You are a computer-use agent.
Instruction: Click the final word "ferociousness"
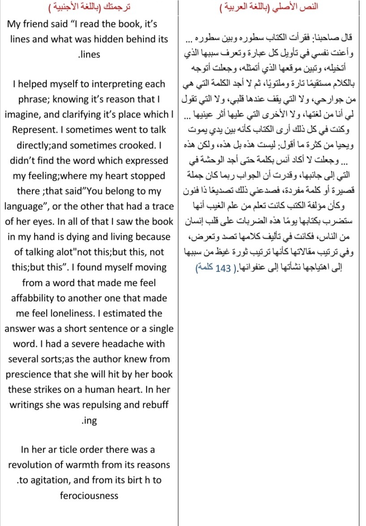[89, 496]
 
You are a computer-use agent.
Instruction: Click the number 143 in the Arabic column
[223, 269]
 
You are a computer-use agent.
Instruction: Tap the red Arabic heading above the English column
[89, 8]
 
